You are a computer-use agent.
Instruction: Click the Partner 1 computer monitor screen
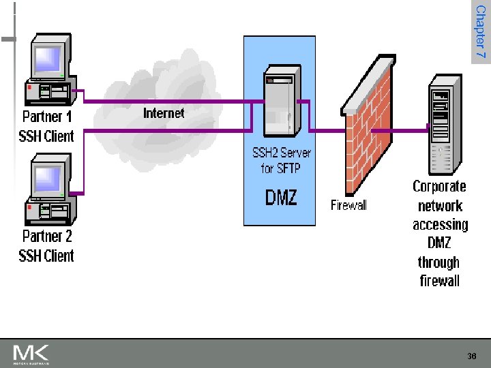point(48,59)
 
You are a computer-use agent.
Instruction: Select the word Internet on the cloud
point(164,113)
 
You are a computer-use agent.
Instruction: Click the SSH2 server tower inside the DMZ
point(282,101)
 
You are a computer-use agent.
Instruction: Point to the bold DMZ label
point(280,197)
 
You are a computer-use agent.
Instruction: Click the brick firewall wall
point(368,125)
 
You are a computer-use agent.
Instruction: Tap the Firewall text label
point(348,205)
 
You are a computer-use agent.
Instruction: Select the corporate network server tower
point(445,125)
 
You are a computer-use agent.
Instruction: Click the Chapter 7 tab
point(481,32)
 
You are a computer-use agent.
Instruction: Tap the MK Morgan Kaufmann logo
point(31,354)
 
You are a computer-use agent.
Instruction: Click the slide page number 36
point(472,356)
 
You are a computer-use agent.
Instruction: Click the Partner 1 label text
point(47,117)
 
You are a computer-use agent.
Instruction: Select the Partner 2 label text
point(47,236)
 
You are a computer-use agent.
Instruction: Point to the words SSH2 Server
point(282,153)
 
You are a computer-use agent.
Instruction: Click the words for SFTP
point(280,168)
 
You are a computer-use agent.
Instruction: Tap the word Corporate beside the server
point(439,187)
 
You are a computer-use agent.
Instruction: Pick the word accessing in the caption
point(441,225)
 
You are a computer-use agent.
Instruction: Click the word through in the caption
point(438,262)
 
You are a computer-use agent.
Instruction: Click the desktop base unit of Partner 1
point(50,91)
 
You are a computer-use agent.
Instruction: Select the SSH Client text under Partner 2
point(46,256)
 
